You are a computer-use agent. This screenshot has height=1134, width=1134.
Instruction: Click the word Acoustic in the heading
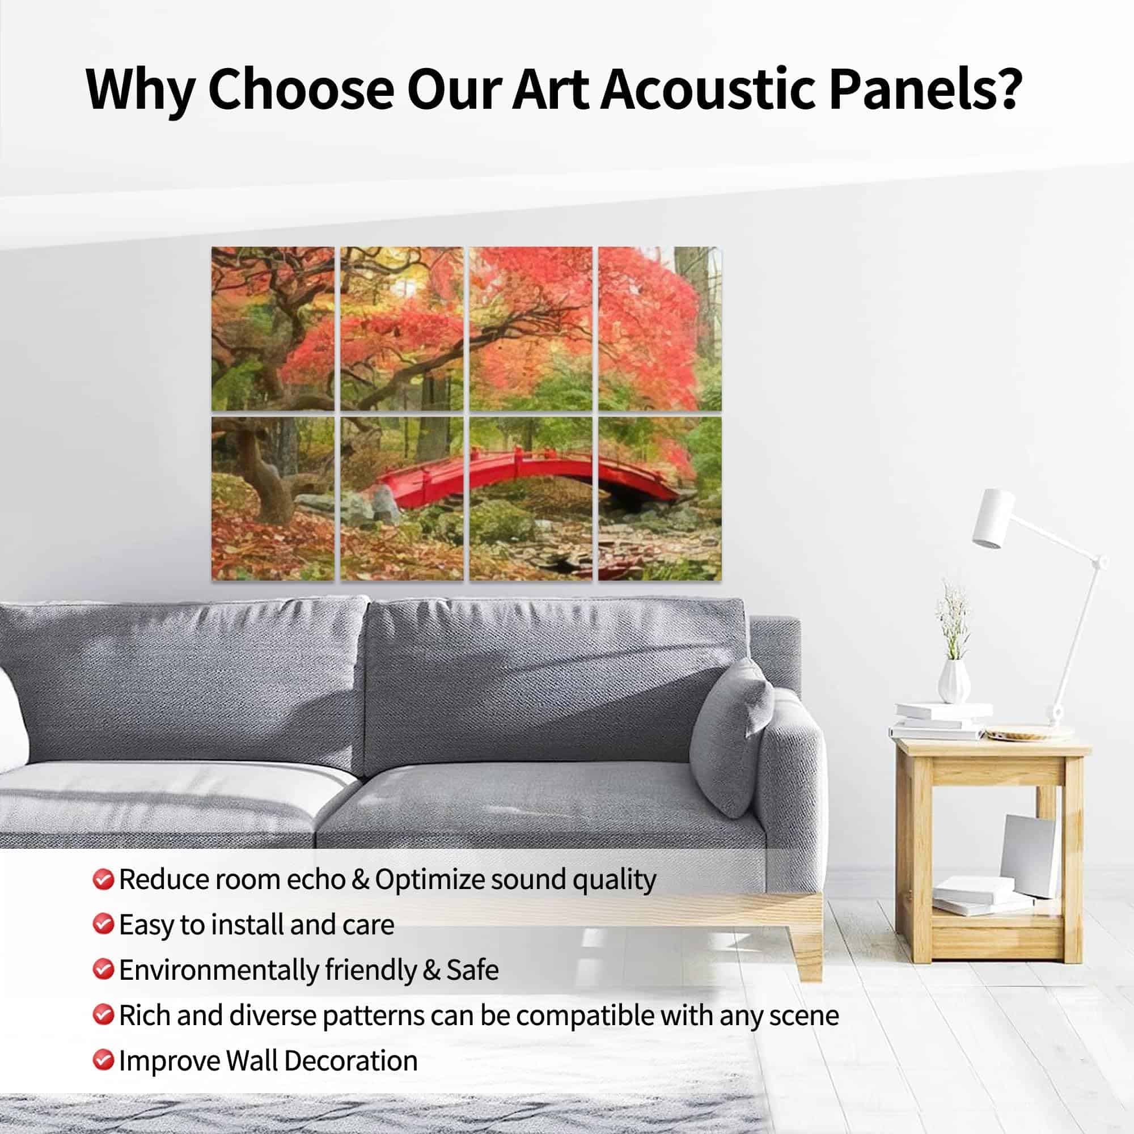point(707,88)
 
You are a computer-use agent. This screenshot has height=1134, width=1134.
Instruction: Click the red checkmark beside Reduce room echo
point(103,880)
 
